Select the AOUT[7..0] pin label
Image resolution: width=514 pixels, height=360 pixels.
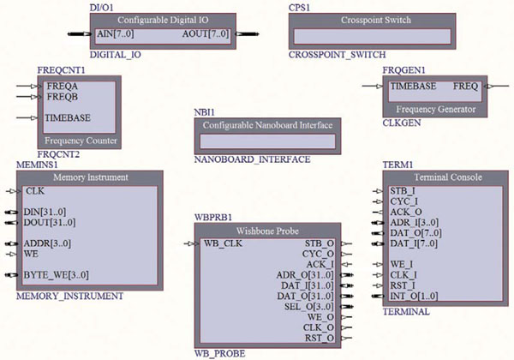click(x=207, y=35)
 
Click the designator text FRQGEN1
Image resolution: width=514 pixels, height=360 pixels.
click(x=403, y=67)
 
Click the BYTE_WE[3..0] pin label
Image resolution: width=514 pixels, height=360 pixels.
click(x=57, y=275)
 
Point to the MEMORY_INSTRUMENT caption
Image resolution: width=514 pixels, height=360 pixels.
click(x=70, y=297)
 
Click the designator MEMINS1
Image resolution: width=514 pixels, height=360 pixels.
click(x=37, y=163)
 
